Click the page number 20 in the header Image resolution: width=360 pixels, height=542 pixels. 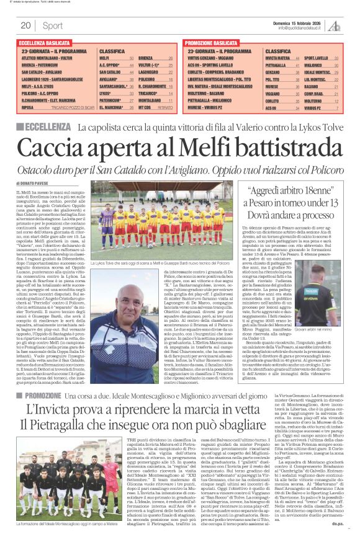pyautogui.click(x=25, y=25)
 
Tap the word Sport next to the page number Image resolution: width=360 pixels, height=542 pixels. pyautogui.click(x=53, y=25)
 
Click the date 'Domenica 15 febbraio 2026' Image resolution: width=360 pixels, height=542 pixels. pyautogui.click(x=301, y=22)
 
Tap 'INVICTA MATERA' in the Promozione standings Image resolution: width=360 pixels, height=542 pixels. pyautogui.click(x=277, y=57)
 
